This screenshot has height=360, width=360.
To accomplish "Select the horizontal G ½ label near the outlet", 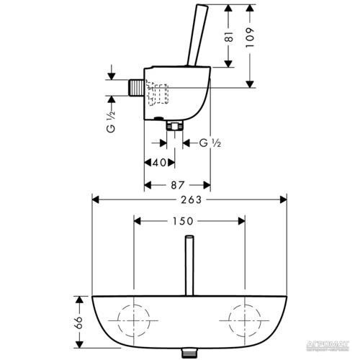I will (210, 143).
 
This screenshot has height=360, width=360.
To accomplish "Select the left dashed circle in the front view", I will (135, 317).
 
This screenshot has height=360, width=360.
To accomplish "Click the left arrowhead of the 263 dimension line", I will (94, 199).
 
